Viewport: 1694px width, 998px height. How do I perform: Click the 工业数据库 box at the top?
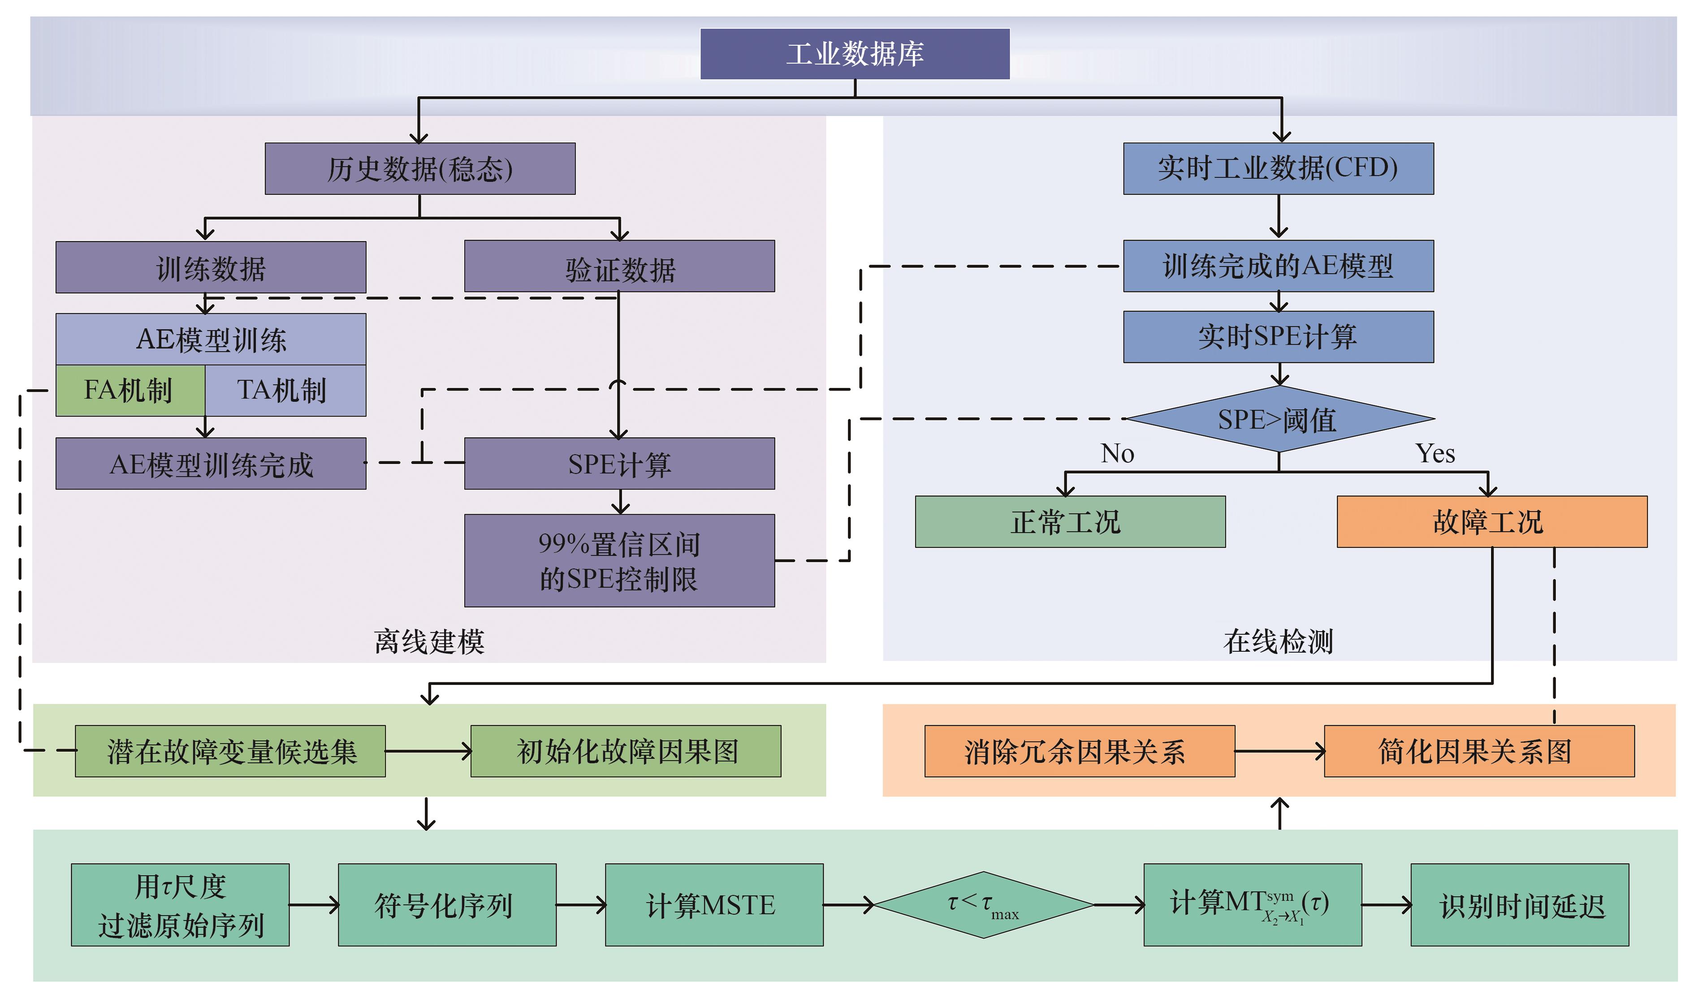[855, 54]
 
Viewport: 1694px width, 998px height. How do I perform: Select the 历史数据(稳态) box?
[420, 169]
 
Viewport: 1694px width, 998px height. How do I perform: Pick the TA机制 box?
[285, 391]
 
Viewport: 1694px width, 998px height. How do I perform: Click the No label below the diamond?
[1117, 454]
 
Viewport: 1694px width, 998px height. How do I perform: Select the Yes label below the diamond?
[1435, 454]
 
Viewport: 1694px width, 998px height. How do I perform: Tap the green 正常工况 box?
[1070, 522]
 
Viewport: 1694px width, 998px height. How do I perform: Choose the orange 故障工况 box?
[1491, 522]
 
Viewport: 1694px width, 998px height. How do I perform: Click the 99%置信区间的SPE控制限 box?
[619, 561]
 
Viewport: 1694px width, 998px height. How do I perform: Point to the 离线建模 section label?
[429, 641]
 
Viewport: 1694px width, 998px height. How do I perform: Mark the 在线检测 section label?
[1278, 641]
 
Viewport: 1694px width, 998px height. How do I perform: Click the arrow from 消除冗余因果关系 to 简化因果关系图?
[1279, 751]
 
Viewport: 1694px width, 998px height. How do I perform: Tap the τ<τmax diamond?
[983, 905]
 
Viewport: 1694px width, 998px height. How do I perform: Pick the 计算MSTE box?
[714, 905]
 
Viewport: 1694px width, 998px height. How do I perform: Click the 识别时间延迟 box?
[1519, 905]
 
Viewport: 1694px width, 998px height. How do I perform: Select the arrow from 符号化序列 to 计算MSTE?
[581, 905]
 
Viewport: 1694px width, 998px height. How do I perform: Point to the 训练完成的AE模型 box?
[1278, 267]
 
